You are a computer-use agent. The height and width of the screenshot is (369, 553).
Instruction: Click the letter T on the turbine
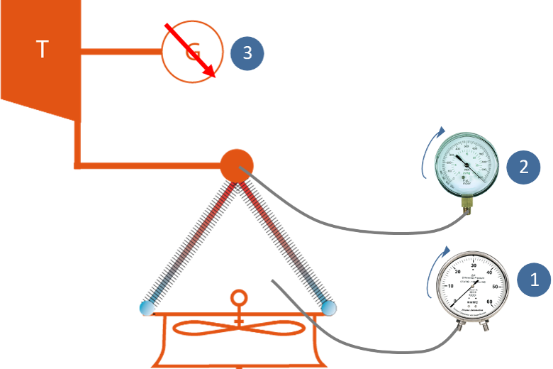pos(43,50)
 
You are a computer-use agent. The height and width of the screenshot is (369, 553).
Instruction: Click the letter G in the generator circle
pos(192,52)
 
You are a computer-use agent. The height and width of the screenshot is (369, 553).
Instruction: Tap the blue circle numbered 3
pos(247,53)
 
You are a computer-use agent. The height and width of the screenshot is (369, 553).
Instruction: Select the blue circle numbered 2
pos(523,167)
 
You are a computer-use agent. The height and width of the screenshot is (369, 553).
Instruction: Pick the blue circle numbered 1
pos(536,279)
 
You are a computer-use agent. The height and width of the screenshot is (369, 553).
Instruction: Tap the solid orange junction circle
pos(237,165)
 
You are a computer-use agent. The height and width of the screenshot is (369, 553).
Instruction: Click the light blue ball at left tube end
pos(147,308)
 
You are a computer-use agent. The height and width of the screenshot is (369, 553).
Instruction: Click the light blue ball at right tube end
pos(328,307)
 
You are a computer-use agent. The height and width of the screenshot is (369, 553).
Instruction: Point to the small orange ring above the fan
pos(239,297)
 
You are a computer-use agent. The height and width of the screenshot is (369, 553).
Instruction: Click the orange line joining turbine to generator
pos(121,52)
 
